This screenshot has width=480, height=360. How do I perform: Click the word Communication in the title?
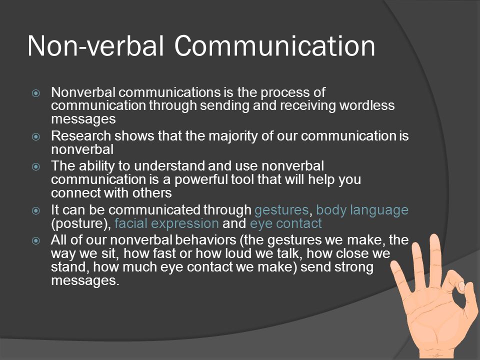(x=275, y=46)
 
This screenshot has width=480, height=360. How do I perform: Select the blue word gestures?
(x=281, y=210)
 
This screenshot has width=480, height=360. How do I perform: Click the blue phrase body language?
(x=362, y=210)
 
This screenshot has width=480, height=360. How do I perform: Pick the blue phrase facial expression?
(x=166, y=224)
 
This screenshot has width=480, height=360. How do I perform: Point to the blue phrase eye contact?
(x=286, y=224)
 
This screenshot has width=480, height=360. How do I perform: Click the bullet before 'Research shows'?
(x=36, y=136)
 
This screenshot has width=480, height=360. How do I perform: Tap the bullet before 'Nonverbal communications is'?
(x=36, y=93)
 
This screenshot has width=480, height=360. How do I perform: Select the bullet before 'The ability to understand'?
(x=36, y=166)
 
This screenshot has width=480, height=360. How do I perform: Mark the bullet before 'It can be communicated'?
(x=36, y=210)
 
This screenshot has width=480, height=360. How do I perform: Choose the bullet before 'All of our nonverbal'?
(x=36, y=240)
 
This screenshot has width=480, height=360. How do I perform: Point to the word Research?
(x=81, y=136)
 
